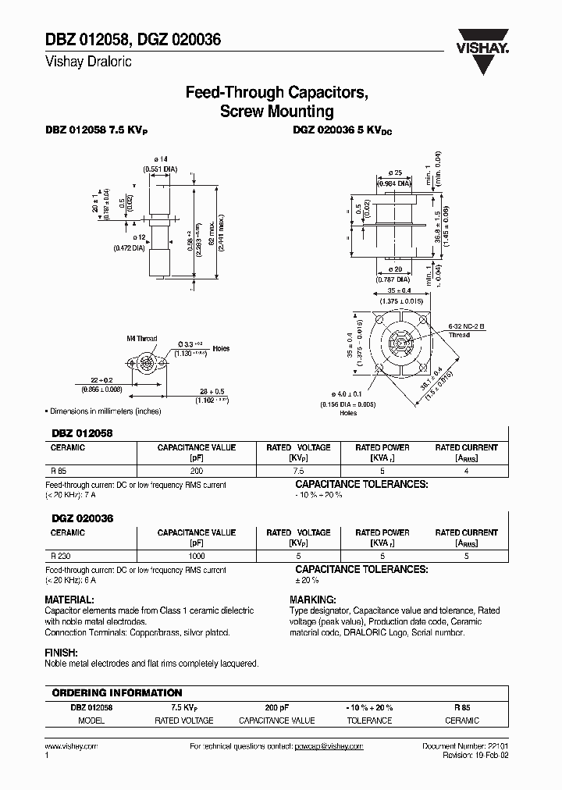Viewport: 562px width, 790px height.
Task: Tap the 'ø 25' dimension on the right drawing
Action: click(394, 173)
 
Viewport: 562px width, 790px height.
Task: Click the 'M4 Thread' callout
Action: click(141, 339)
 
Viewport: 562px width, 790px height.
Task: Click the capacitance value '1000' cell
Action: click(197, 556)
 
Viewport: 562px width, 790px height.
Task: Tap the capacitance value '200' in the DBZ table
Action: click(197, 472)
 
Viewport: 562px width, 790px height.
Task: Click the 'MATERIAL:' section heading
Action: click(73, 600)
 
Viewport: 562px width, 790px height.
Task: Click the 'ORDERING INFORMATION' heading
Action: click(116, 692)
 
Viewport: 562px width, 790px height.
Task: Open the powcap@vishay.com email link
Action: click(329, 746)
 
